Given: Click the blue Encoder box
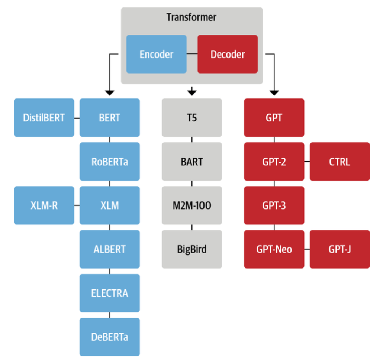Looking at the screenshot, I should (x=156, y=54).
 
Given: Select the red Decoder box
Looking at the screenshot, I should (x=228, y=54).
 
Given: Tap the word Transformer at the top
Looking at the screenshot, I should (x=191, y=17).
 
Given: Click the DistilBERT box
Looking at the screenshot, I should (x=44, y=118).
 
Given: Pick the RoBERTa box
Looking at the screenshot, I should (x=110, y=162).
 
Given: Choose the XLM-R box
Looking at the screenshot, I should (x=44, y=205).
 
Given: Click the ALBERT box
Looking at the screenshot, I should (x=110, y=249).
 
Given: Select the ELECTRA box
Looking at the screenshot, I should (x=110, y=293).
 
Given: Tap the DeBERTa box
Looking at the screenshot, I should (x=110, y=337).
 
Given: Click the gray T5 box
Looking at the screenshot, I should (x=192, y=118).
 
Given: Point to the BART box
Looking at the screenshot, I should (x=192, y=162).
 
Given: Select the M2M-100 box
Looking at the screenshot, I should (x=192, y=205).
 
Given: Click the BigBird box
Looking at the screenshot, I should (x=192, y=249).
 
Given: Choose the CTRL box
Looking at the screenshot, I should (x=340, y=162).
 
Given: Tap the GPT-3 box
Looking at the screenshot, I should (x=274, y=205).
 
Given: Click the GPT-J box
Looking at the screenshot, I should (x=340, y=249).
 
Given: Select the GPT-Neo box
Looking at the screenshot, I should (x=274, y=249).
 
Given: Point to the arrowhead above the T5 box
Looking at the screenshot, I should (x=192, y=91).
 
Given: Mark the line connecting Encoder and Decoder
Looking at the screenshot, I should (x=192, y=54).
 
